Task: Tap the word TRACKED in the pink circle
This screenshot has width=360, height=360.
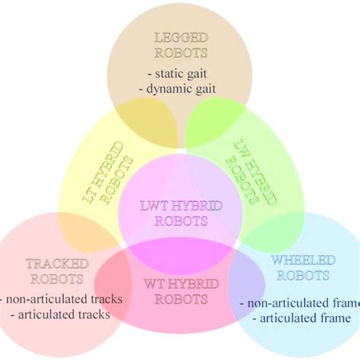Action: coord(58,264)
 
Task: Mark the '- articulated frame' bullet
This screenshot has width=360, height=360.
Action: coord(300,318)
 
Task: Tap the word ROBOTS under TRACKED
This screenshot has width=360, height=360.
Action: coord(58,279)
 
